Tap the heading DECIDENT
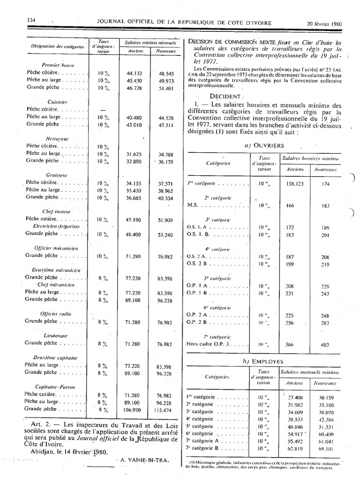[211, 95]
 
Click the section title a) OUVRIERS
[264, 146]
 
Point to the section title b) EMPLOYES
[263, 361]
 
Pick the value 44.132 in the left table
[134, 74]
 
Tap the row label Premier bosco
[56, 65]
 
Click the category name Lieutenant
[55, 336]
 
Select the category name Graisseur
[55, 175]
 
